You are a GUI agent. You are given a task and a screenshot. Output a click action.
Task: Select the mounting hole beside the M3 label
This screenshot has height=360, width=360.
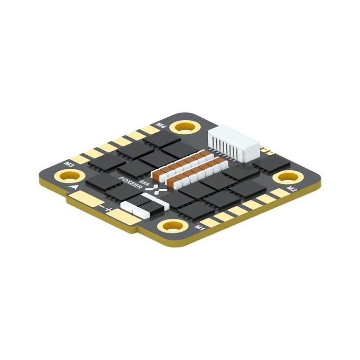click(x=65, y=175)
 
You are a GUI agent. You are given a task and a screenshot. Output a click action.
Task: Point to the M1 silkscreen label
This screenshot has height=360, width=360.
click(x=200, y=227)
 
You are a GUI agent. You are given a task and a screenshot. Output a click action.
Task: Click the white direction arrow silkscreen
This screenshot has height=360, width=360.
click(x=73, y=187)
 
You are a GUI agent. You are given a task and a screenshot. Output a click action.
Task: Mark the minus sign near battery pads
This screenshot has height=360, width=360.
click(x=102, y=205)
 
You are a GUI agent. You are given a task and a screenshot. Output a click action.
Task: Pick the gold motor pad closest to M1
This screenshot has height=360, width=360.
click(x=210, y=221)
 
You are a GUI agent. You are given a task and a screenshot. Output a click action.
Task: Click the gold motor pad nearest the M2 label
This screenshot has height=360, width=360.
click(x=279, y=193)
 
